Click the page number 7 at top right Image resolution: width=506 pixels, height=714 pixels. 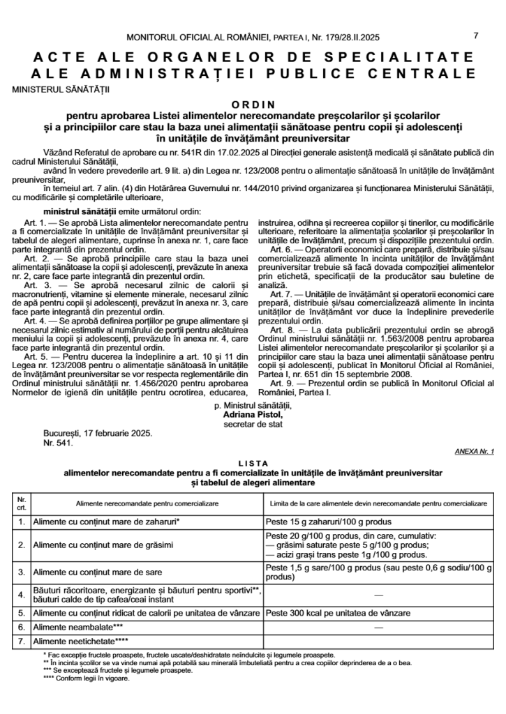476,36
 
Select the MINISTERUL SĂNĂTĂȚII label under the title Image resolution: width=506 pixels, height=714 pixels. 61,89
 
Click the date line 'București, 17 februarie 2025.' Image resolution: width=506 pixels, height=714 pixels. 98,433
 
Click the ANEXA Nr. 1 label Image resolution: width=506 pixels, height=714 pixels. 474,452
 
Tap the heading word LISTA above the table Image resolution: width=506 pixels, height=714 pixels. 253,463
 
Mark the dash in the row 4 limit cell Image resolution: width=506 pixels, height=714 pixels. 378,595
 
